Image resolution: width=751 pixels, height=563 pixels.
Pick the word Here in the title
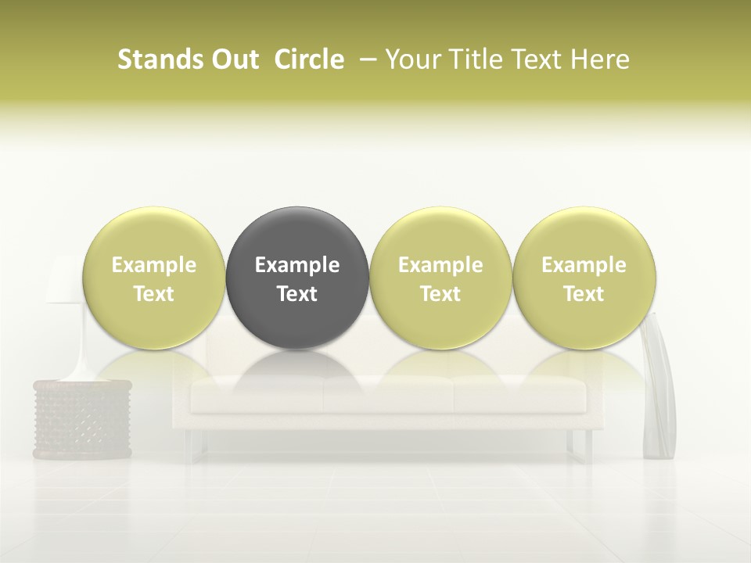point(601,59)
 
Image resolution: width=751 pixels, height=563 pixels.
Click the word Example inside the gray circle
point(297,265)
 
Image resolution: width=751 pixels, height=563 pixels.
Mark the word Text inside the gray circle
point(297,294)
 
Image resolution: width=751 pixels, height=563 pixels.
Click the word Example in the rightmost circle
point(584,265)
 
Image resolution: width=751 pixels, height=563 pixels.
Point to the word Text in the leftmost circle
point(154,294)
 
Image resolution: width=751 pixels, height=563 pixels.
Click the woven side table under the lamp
point(82,418)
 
